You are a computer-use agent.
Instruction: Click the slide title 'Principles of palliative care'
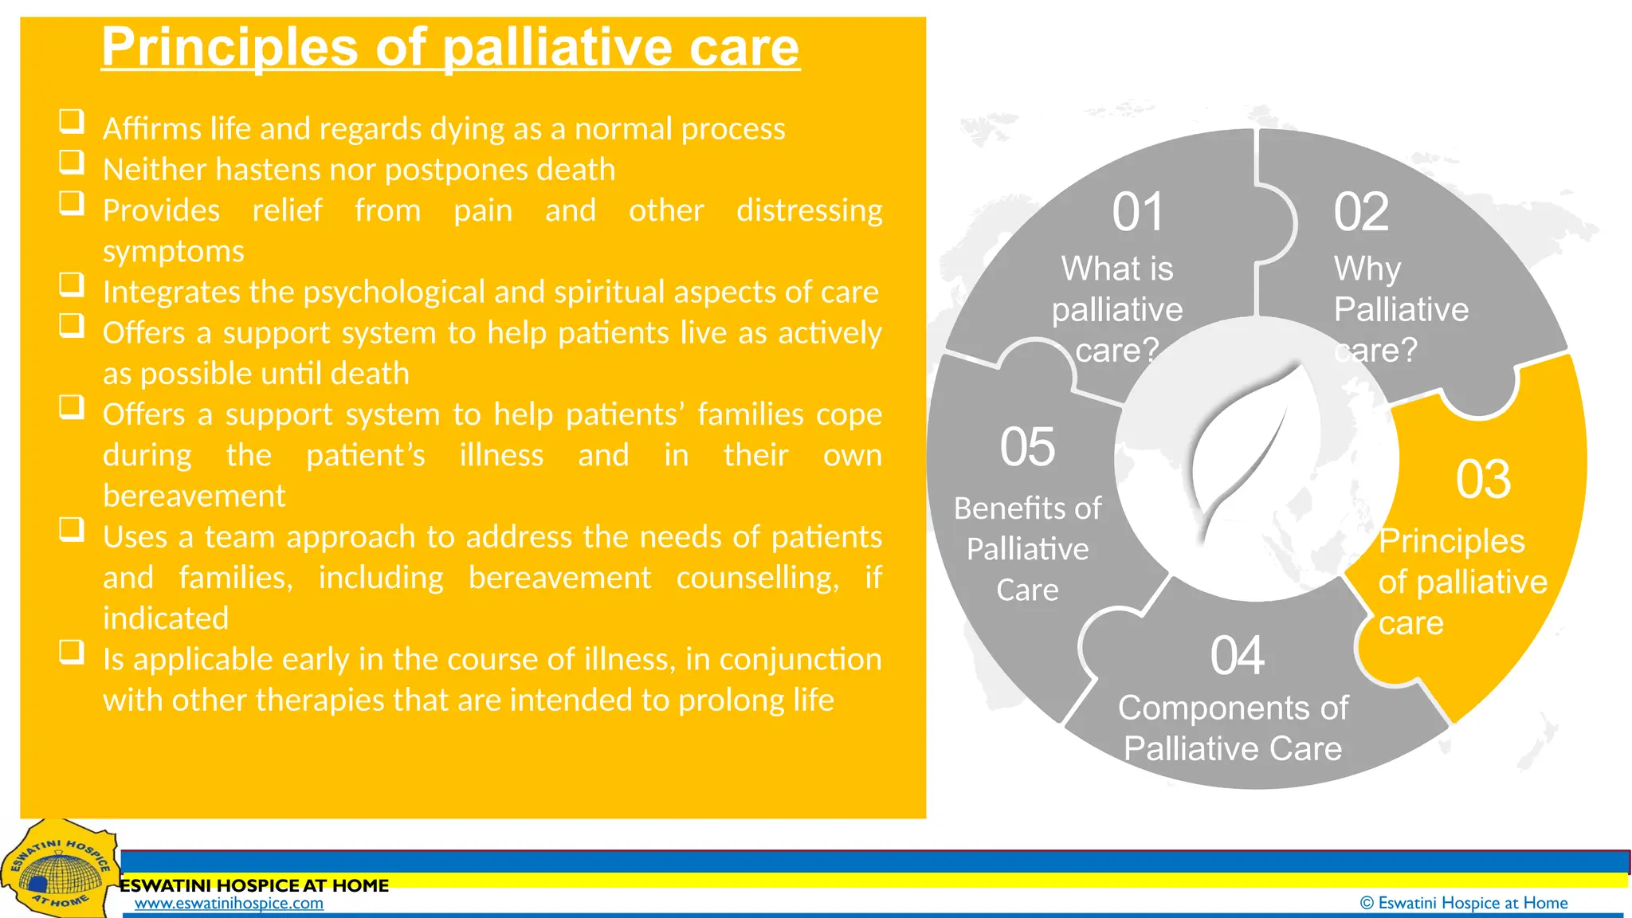point(450,48)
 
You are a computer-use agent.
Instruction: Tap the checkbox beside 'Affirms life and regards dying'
point(72,121)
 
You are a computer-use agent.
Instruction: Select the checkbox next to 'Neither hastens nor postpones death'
point(72,162)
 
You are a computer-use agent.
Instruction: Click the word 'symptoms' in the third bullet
point(174,252)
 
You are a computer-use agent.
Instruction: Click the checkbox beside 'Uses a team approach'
point(72,530)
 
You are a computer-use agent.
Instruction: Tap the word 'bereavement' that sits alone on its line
point(194,496)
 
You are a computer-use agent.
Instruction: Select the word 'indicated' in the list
point(166,618)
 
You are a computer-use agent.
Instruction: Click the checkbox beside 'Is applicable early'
point(72,652)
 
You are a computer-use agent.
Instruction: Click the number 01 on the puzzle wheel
point(1138,213)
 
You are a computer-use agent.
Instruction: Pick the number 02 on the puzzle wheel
point(1361,213)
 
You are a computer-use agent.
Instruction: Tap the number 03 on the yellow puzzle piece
point(1483,480)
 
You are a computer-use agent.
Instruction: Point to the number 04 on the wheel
point(1237,656)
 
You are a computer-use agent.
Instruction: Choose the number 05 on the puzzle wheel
point(1027,447)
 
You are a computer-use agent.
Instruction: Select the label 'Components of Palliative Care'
point(1233,728)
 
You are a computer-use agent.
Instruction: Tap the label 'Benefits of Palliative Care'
point(1027,549)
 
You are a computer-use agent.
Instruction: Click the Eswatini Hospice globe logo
point(57,873)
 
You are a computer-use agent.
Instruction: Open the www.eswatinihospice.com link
point(229,904)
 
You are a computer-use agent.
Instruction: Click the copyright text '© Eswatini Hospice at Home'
point(1463,903)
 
